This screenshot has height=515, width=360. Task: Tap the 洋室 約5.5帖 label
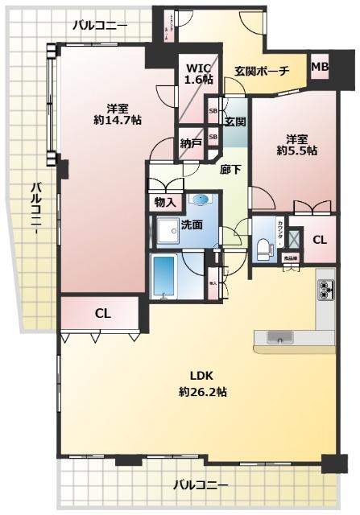tap(297, 144)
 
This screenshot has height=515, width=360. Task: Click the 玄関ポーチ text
tap(262, 71)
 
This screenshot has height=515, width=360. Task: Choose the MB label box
tap(320, 66)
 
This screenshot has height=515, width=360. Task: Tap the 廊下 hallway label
tap(230, 170)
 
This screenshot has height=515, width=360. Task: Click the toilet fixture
tap(263, 247)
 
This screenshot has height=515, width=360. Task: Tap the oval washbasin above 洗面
tap(201, 200)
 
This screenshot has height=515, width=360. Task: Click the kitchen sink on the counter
tap(279, 338)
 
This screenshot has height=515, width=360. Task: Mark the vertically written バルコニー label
tap(36, 208)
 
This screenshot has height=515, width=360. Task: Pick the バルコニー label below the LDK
tap(201, 485)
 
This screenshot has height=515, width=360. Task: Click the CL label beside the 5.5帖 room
tap(320, 239)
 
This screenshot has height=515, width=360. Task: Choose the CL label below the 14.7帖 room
tap(102, 312)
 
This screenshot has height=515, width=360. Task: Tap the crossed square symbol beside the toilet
tap(293, 239)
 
